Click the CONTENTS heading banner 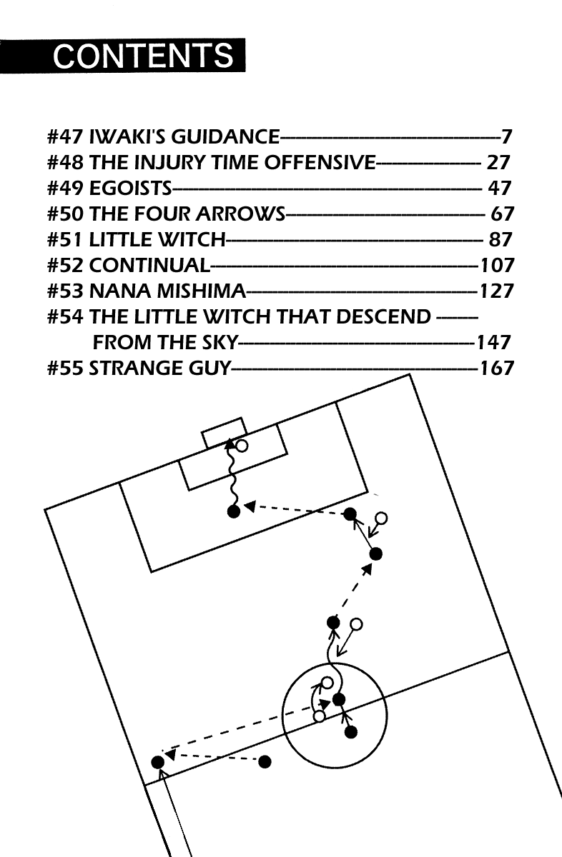point(122,56)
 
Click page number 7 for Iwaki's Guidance point(507,136)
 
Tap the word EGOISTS point(131,188)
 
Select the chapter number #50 point(65,214)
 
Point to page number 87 point(501,239)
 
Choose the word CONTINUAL point(149,265)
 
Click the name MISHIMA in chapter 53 point(202,291)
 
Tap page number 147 point(493,342)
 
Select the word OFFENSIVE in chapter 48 point(320,162)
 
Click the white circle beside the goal point(242,446)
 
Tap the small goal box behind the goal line point(224,431)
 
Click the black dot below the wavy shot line point(234,511)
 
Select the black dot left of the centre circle point(265,762)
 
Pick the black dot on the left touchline point(158,762)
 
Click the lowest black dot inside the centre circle point(351,732)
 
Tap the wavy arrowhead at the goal point(230,443)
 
